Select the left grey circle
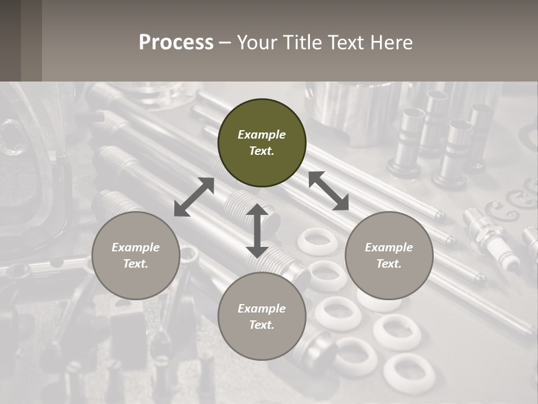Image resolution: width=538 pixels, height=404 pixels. click(x=136, y=255)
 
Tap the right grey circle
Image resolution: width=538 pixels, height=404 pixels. click(x=389, y=255)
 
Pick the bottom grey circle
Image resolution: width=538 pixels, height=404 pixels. click(x=262, y=316)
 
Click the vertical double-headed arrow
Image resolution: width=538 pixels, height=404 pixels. click(x=257, y=231)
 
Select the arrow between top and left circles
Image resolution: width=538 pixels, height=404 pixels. click(x=194, y=197)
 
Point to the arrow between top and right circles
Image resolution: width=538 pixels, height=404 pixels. click(x=328, y=191)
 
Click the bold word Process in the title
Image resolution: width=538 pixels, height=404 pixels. click(x=176, y=42)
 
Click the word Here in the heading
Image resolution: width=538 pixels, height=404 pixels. click(x=393, y=42)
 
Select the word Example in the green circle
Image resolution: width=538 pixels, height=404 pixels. click(x=262, y=135)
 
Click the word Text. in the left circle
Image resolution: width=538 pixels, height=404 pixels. click(x=136, y=264)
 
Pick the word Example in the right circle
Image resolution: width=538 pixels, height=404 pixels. click(x=389, y=247)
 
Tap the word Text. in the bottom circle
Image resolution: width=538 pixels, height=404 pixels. click(x=262, y=325)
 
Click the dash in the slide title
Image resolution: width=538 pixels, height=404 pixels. click(x=225, y=43)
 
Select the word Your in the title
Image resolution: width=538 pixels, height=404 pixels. click(x=256, y=42)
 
